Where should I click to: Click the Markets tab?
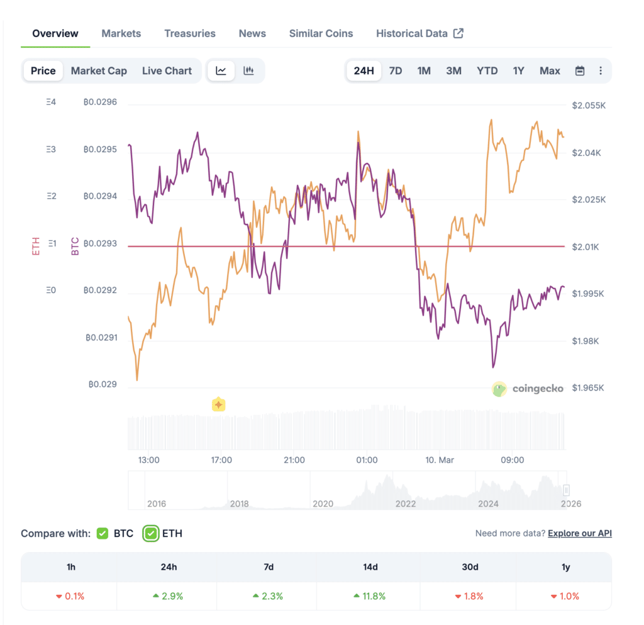pyautogui.click(x=121, y=33)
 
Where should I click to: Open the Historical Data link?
pyautogui.click(x=419, y=33)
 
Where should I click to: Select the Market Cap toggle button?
pyautogui.click(x=99, y=70)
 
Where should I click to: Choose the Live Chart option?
pyautogui.click(x=167, y=70)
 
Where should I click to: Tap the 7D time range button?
pyautogui.click(x=395, y=70)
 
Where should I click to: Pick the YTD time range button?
pyautogui.click(x=487, y=70)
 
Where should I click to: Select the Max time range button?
pyautogui.click(x=549, y=70)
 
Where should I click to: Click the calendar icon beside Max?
pyautogui.click(x=580, y=71)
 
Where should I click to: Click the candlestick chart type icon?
pyautogui.click(x=248, y=70)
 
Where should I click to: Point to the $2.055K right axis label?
pyautogui.click(x=588, y=106)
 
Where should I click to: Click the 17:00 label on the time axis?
pyautogui.click(x=221, y=460)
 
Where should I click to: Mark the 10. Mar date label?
pyautogui.click(x=439, y=460)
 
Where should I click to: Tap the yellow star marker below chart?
pyautogui.click(x=218, y=404)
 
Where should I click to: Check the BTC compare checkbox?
pyautogui.click(x=103, y=533)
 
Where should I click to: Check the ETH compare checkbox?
pyautogui.click(x=150, y=533)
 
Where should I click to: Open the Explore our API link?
pyautogui.click(x=579, y=533)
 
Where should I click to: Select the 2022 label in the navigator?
pyautogui.click(x=405, y=503)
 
